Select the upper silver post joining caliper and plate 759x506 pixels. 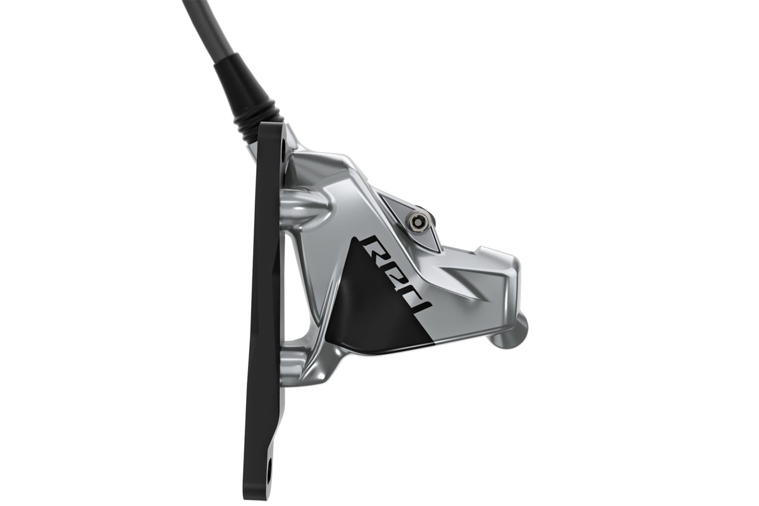point(305,211)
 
